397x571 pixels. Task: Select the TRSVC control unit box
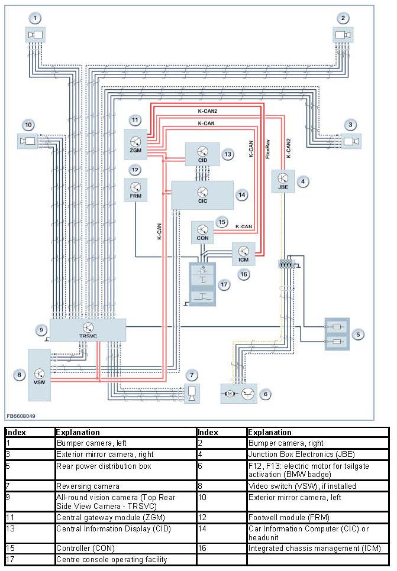coord(88,329)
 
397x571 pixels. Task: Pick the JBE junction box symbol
coord(283,181)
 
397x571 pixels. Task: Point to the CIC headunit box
coord(202,194)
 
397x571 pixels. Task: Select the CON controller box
coord(202,233)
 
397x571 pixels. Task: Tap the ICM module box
coord(243,253)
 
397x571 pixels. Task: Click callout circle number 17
coord(224,285)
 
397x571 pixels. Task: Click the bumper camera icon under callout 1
coord(35,35)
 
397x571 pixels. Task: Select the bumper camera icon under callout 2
coord(343,35)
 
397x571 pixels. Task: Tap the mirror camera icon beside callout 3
coord(351,141)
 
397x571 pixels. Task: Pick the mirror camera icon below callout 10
coord(28,141)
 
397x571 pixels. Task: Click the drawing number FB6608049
coord(21,416)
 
